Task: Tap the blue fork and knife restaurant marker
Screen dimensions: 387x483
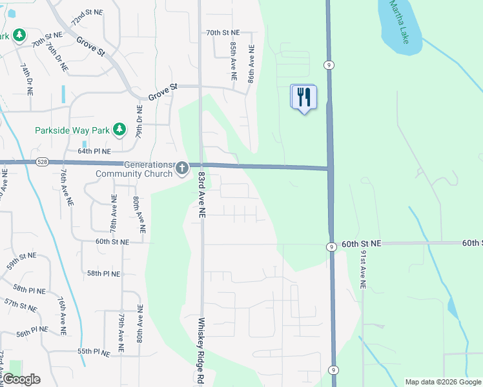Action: point(303,97)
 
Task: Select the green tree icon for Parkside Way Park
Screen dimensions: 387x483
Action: point(119,130)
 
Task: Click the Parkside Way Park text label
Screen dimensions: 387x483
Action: point(72,130)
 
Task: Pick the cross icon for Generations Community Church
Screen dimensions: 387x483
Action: point(182,169)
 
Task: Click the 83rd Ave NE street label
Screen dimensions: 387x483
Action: point(201,193)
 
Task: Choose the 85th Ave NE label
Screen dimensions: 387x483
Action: point(233,57)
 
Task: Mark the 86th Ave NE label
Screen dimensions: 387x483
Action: point(251,63)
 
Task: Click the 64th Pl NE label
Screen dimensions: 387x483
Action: point(95,151)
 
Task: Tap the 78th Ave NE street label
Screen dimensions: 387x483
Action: point(113,216)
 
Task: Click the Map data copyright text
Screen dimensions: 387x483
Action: point(442,382)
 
